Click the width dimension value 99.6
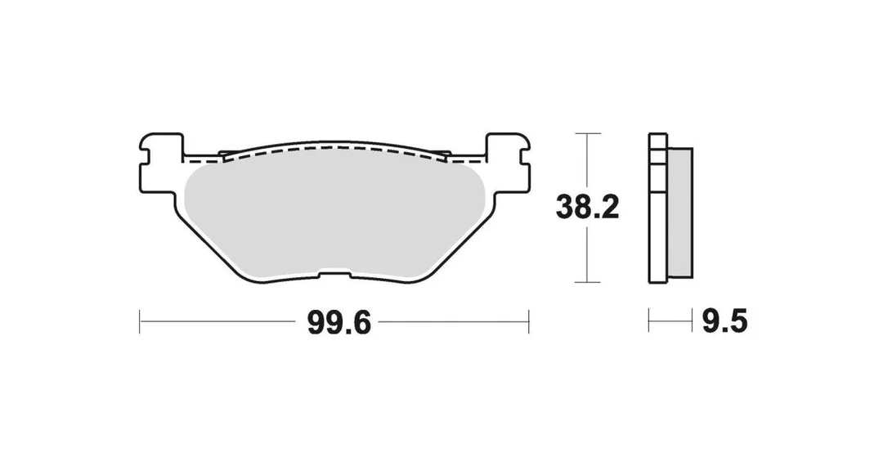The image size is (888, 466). (x=339, y=323)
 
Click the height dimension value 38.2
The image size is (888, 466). (x=587, y=208)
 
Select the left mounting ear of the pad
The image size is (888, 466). (x=161, y=163)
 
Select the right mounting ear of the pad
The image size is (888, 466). (x=508, y=163)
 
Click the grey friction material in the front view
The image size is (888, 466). (x=334, y=218)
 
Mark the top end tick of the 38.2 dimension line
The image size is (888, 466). (x=588, y=133)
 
